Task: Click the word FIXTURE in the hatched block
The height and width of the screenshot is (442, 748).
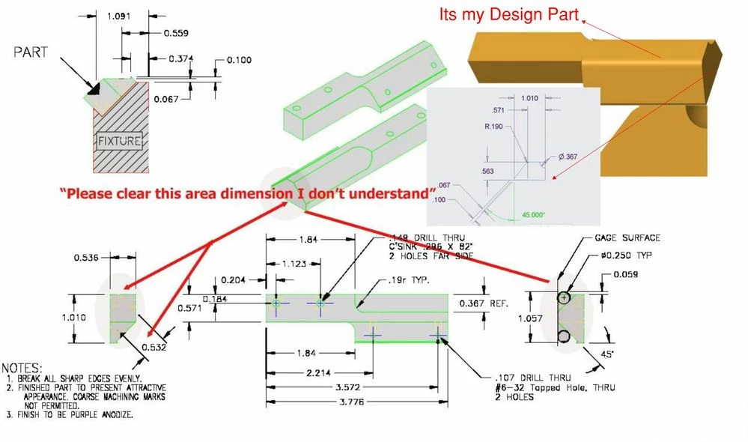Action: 119,140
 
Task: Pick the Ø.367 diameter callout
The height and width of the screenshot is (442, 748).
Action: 567,157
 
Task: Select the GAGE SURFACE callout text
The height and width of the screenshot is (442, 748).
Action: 627,237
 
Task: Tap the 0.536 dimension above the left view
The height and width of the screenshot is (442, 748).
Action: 88,258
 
